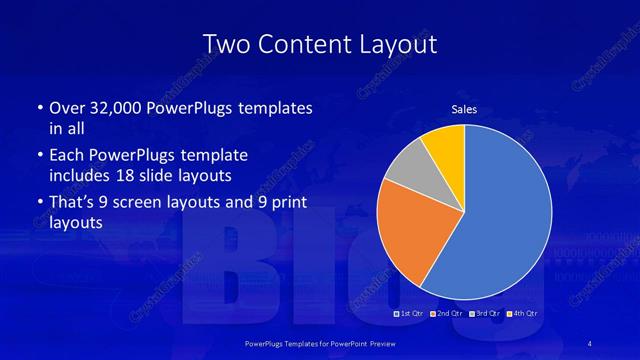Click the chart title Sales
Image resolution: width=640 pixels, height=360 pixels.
pyautogui.click(x=464, y=109)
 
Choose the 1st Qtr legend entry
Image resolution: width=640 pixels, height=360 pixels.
pyautogui.click(x=409, y=314)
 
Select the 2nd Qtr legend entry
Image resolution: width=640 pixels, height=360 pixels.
pyautogui.click(x=448, y=314)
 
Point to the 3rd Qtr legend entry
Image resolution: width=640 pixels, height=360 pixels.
pyautogui.click(x=487, y=314)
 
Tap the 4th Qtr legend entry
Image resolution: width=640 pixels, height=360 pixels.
pyautogui.click(x=525, y=314)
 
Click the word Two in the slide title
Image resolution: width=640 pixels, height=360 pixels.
pyautogui.click(x=226, y=44)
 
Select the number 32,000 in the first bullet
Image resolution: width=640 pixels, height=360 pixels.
pyautogui.click(x=120, y=108)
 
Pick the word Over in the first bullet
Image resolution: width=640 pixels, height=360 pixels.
pyautogui.click(x=67, y=108)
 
